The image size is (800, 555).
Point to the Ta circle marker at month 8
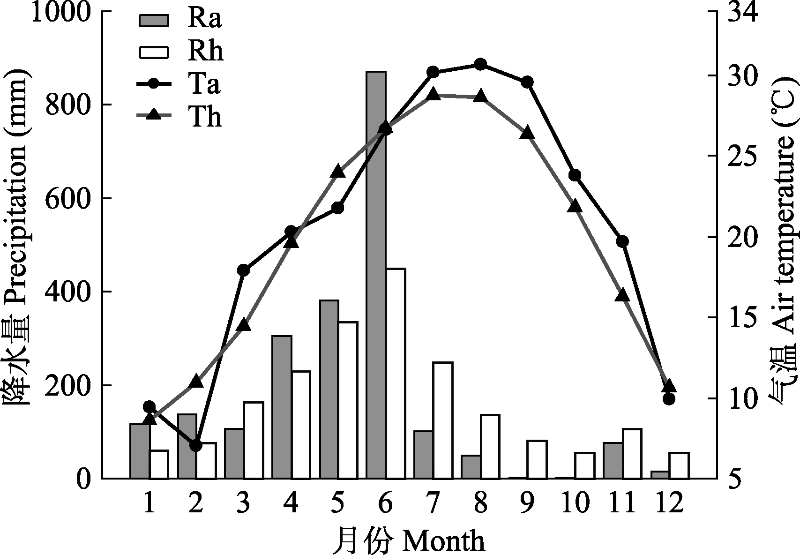(x=480, y=65)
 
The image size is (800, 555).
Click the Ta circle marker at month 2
(x=196, y=445)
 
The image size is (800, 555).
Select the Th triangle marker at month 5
(x=338, y=172)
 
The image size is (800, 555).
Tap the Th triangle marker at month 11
(x=622, y=296)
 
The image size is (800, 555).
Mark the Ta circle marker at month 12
(x=669, y=399)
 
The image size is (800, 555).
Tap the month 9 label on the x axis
(x=528, y=504)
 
